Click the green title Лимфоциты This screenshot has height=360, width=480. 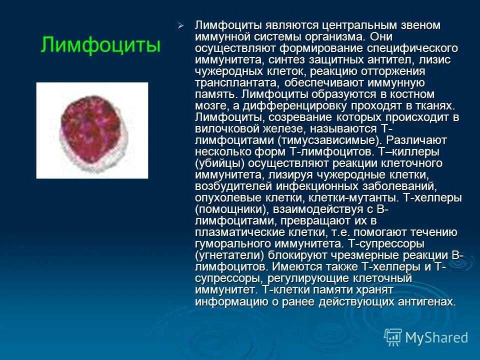click(x=100, y=45)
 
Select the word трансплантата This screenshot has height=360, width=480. click(x=233, y=83)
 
